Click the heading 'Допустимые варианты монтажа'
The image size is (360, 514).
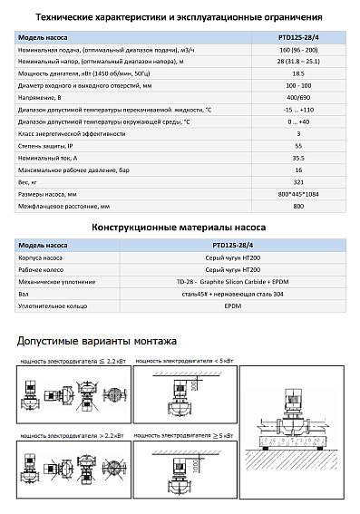click(x=97, y=342)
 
